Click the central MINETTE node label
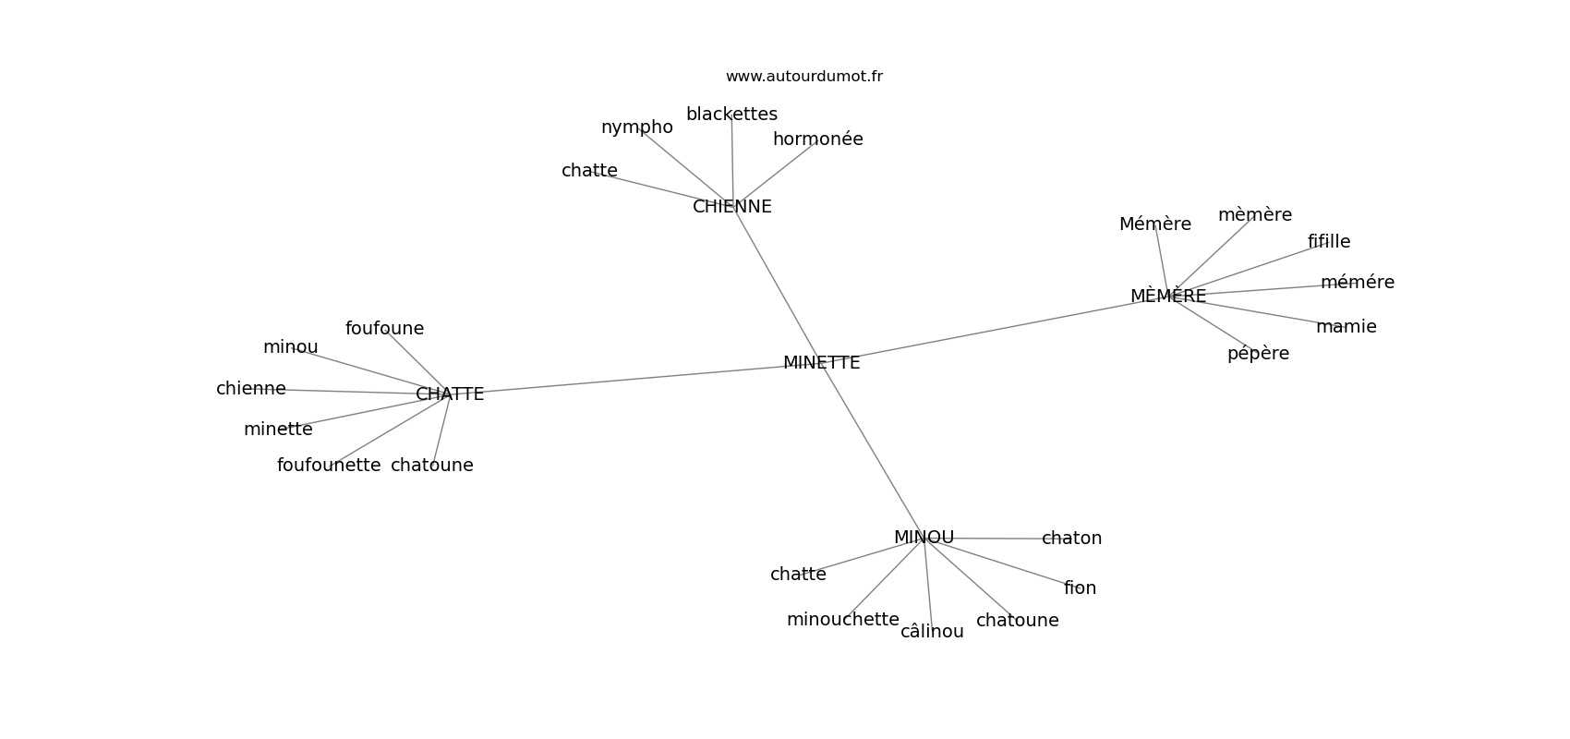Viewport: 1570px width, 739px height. [x=821, y=363]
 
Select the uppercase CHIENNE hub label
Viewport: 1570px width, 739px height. [x=731, y=207]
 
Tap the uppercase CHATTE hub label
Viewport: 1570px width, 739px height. [x=450, y=394]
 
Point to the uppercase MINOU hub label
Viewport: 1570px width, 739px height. [x=924, y=537]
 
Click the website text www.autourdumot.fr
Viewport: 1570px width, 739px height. [x=803, y=77]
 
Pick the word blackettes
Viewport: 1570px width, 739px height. [x=731, y=114]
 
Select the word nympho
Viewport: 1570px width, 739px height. [x=637, y=127]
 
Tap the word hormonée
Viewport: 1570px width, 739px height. [x=818, y=139]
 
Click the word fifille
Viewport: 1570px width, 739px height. [x=1329, y=241]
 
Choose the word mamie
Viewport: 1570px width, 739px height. [x=1347, y=327]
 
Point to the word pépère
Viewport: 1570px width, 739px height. [x=1258, y=354]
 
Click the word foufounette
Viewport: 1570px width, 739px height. [x=329, y=465]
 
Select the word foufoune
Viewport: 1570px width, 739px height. [x=385, y=328]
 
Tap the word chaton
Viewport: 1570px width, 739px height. [x=1071, y=539]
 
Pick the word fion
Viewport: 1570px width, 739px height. [x=1081, y=588]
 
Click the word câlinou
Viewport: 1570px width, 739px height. [x=932, y=632]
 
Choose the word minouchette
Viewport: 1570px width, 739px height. [x=843, y=620]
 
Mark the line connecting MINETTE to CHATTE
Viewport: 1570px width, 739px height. [x=634, y=379]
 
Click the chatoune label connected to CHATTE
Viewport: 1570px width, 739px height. [x=432, y=465]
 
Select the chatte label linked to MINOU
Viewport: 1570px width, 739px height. [x=798, y=575]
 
